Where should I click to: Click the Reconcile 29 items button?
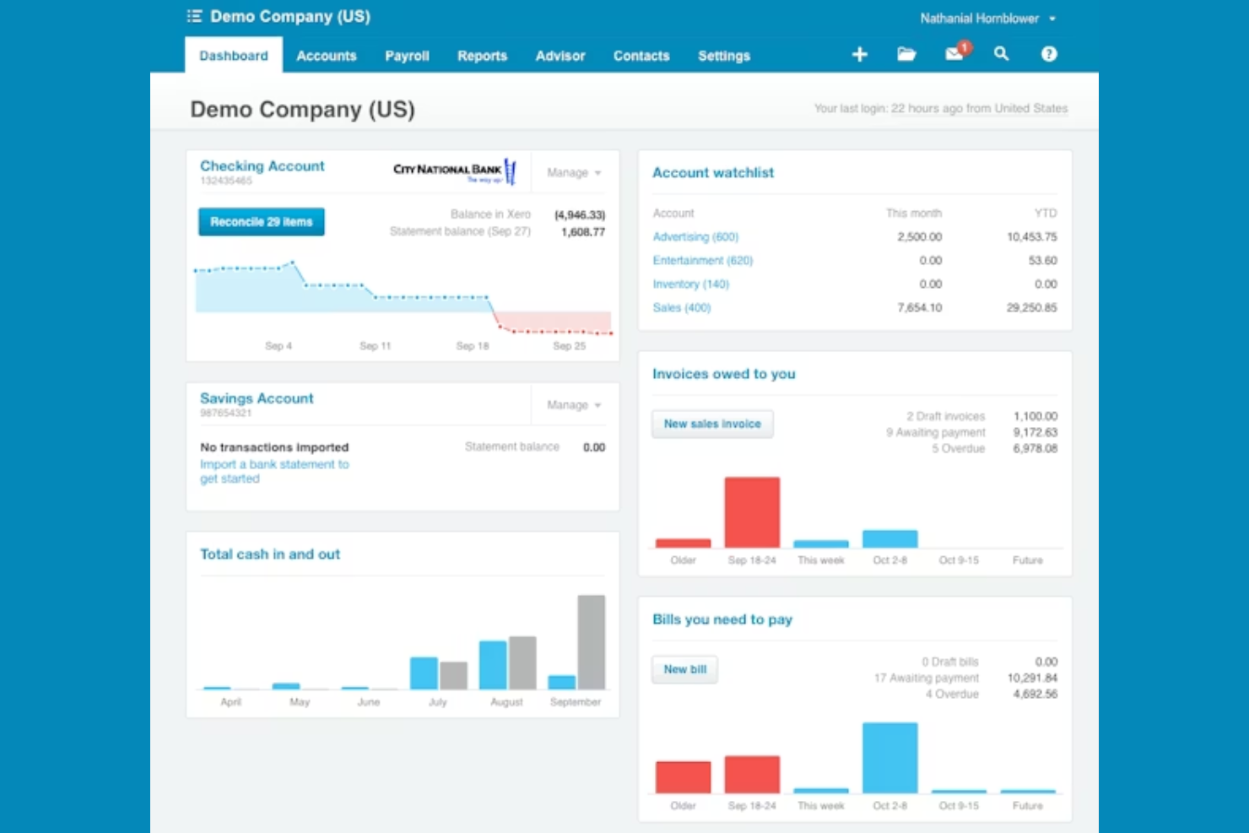coord(262,222)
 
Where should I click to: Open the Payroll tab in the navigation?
coord(407,56)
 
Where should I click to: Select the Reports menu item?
coord(482,56)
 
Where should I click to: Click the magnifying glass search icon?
coord(1001,54)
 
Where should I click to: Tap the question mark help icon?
coord(1048,54)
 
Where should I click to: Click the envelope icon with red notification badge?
coord(954,54)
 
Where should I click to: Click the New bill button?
coord(684,669)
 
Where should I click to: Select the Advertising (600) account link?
coord(695,237)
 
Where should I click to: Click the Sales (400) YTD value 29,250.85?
coord(1031,308)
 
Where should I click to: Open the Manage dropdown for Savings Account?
coord(574,405)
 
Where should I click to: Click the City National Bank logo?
coord(454,171)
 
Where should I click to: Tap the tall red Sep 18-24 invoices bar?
coord(752,512)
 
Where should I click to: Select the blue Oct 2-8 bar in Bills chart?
coord(889,757)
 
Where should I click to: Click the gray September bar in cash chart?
coord(591,641)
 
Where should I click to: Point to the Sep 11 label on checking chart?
coord(375,346)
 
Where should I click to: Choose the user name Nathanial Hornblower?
coord(979,19)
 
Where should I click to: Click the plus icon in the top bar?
coord(859,54)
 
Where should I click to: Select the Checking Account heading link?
coord(262,166)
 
